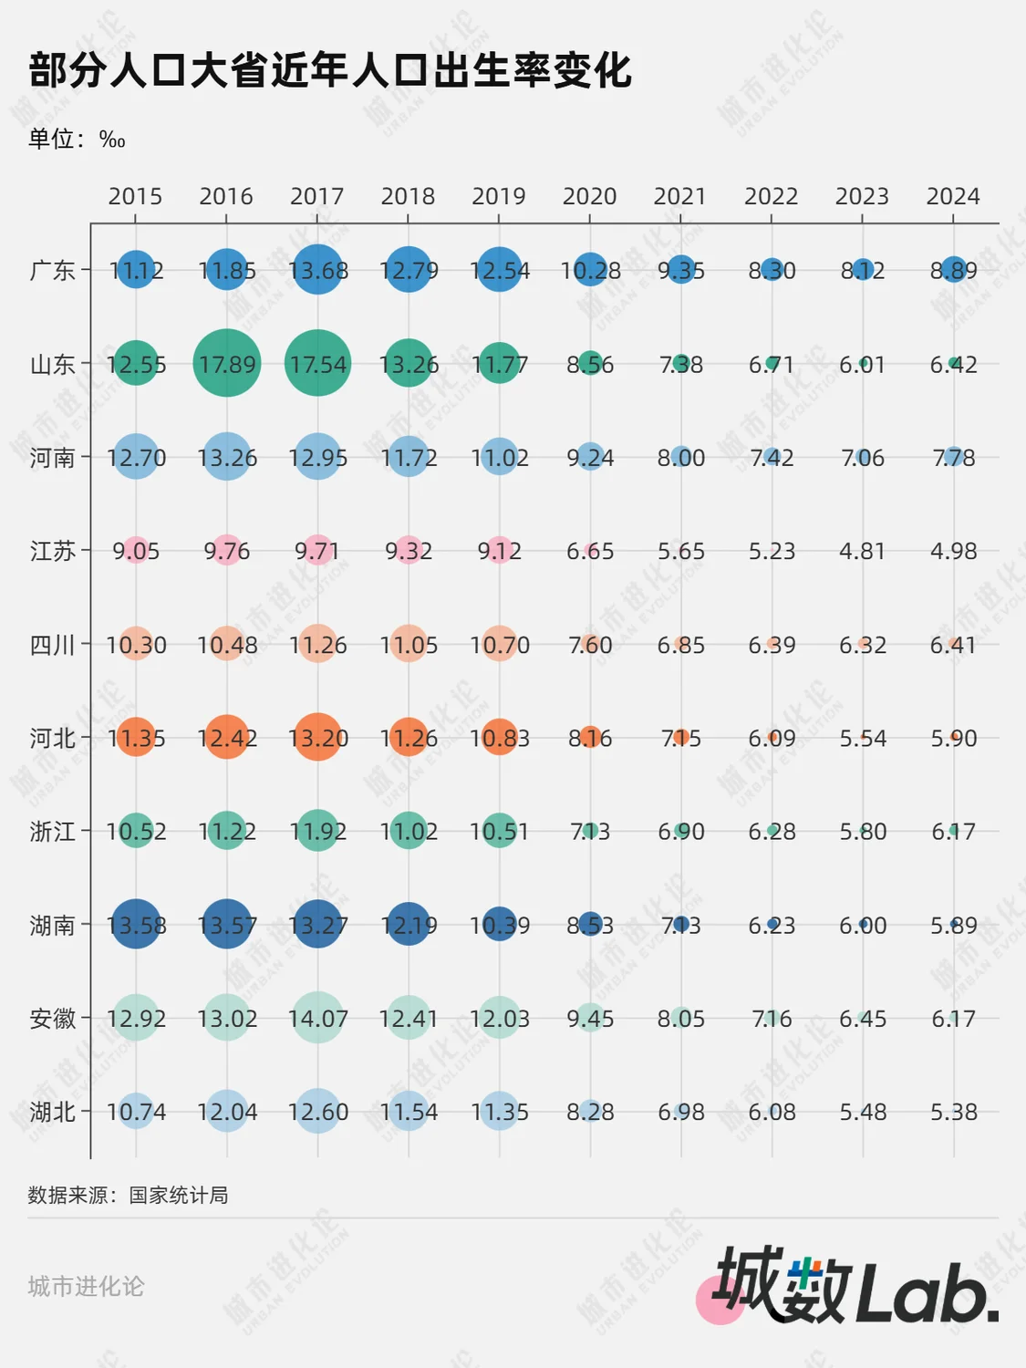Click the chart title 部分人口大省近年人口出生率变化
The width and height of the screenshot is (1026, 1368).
[x=330, y=70]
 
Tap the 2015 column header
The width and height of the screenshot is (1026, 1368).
[x=135, y=196]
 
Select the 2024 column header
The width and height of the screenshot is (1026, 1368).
[x=953, y=196]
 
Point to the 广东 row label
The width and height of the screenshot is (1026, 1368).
[x=52, y=271]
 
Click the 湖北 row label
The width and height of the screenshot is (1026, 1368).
[x=52, y=1112]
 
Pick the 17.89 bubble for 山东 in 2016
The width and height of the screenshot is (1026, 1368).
[x=227, y=364]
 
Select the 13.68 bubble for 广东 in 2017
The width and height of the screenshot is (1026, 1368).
[x=317, y=270]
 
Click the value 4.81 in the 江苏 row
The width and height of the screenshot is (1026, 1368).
[x=862, y=551]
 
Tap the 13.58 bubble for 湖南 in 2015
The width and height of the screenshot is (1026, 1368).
[x=136, y=925]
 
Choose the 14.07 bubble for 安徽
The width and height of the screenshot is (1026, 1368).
[x=317, y=1018]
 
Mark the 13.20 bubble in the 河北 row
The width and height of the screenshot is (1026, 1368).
[x=317, y=738]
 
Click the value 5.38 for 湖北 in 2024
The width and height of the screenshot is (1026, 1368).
[x=953, y=1112]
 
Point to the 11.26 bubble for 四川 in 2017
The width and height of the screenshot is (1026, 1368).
[x=317, y=645]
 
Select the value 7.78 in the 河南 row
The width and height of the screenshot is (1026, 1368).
[x=953, y=457]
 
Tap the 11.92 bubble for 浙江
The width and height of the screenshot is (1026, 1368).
[x=317, y=831]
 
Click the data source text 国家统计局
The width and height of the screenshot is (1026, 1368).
[x=179, y=1195]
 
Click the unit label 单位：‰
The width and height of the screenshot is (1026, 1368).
[x=77, y=139]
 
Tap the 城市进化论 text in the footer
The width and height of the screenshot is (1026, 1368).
[x=86, y=1286]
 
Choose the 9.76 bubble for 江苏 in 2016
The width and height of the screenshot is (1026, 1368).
[x=227, y=551]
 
